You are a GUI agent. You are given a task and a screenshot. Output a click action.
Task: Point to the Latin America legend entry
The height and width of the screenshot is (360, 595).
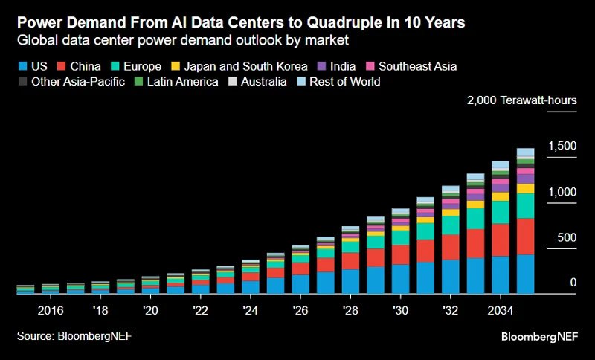176,82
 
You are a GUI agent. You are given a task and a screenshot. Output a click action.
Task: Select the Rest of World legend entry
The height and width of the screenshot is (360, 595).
339,82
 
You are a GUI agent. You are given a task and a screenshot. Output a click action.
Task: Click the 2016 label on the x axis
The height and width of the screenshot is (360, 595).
50,309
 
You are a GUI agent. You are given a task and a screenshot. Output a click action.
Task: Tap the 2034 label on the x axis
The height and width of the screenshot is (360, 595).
500,309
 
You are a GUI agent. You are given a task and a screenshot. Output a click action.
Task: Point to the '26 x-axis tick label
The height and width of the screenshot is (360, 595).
300,309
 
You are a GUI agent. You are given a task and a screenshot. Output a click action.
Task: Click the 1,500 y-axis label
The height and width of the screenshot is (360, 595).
562,146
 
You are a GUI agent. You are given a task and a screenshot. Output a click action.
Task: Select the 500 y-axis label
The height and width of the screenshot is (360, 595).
567,237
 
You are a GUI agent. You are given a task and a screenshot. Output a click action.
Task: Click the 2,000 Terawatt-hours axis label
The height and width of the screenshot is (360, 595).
521,101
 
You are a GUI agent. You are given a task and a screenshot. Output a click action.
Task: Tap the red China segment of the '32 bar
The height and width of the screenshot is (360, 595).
450,247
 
